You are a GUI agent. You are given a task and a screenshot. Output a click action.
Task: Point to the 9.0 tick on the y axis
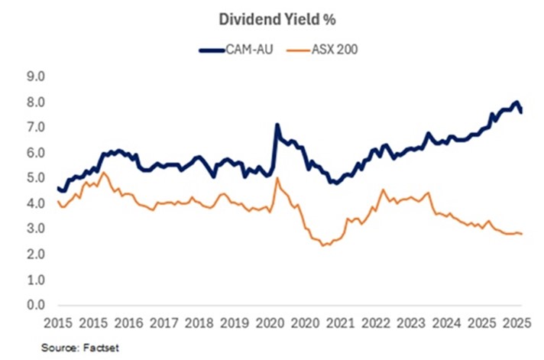point(36,76)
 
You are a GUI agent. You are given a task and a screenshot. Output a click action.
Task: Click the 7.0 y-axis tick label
point(36,128)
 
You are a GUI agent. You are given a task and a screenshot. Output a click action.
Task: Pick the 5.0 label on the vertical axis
point(36,178)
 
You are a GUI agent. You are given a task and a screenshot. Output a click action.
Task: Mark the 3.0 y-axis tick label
point(36,229)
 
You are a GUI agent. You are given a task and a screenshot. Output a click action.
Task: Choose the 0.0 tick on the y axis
point(36,305)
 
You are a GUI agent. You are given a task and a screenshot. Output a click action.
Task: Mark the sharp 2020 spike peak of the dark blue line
point(277,125)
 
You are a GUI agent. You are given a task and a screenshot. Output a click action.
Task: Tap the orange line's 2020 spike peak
point(277,179)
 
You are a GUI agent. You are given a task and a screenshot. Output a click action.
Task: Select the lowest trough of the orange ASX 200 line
point(323,245)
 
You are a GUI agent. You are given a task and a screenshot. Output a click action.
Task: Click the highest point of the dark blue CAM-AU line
point(517,102)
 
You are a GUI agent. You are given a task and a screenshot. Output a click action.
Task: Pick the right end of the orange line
point(522,234)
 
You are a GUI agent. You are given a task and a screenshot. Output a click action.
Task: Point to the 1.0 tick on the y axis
point(36,280)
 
